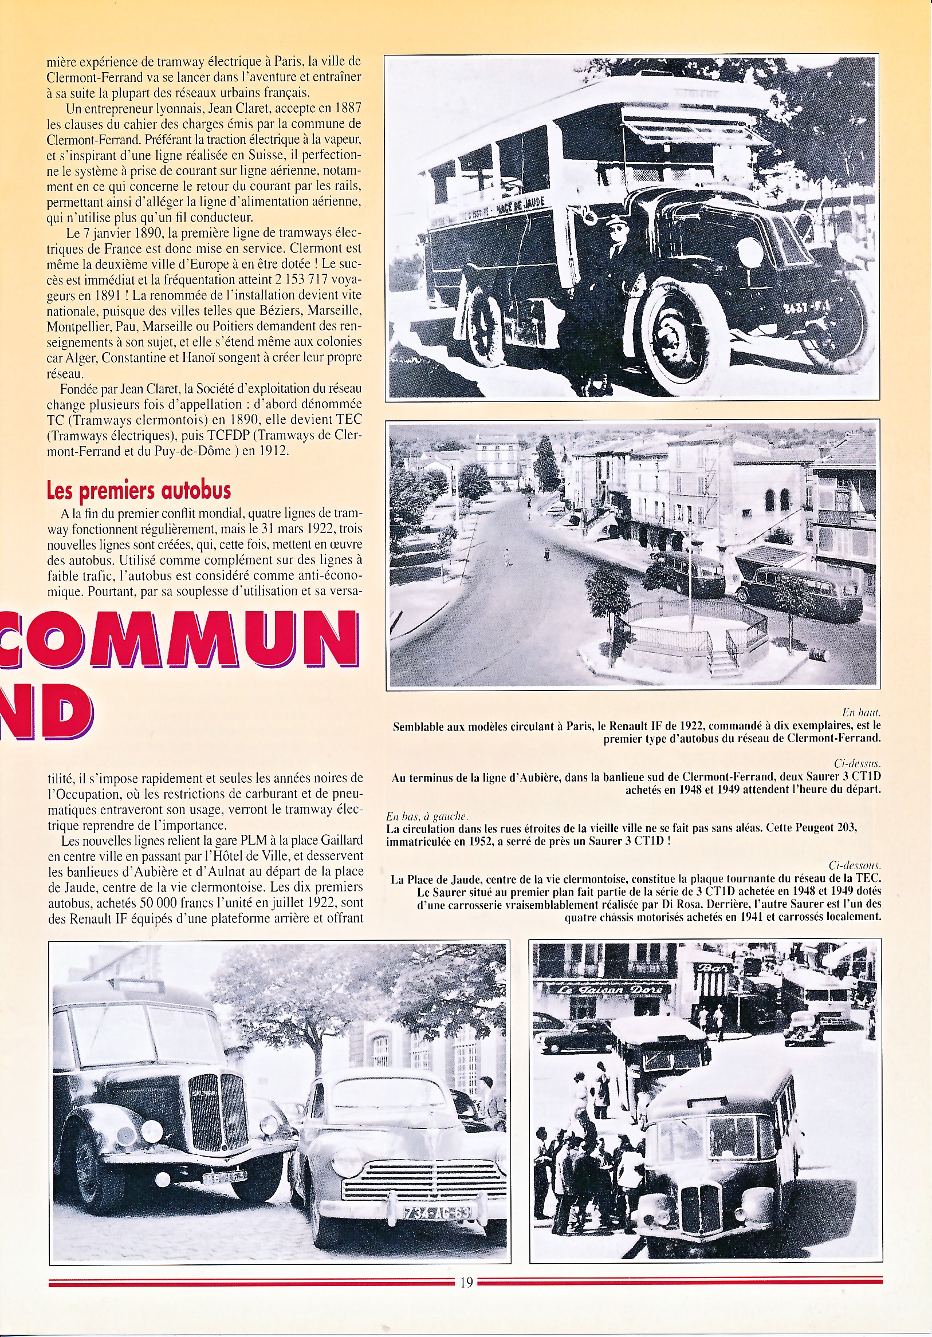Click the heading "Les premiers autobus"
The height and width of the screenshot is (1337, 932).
coord(139,491)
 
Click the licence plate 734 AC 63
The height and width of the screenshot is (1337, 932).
coord(438,1213)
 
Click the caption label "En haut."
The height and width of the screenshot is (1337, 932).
coord(861,712)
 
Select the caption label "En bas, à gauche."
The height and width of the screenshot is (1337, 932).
coord(427,817)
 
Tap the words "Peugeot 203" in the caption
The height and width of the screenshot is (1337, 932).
coord(821,827)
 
